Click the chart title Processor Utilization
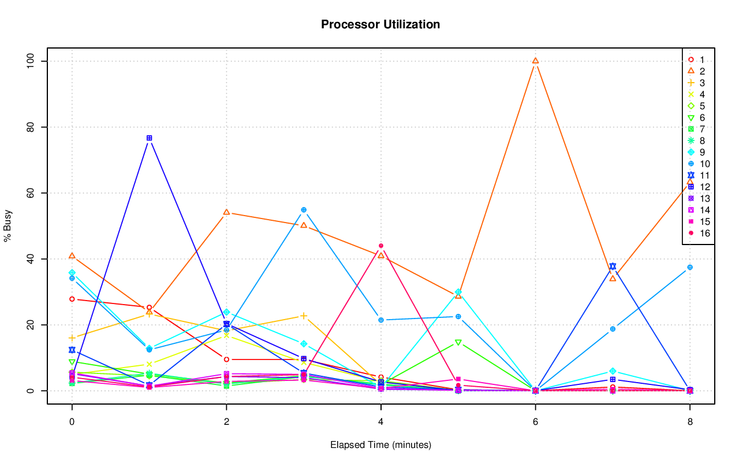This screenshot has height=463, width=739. [x=380, y=24]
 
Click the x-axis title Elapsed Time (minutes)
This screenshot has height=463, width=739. [x=380, y=445]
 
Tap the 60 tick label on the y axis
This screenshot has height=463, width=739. [x=31, y=193]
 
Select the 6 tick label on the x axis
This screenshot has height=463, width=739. [x=535, y=422]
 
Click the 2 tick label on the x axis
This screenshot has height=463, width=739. [x=226, y=422]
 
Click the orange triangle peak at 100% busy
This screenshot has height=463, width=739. [x=535, y=61]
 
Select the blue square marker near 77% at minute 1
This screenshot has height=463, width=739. [x=149, y=138]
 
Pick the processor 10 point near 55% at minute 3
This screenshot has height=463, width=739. [x=304, y=210]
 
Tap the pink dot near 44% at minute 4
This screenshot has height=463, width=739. [x=381, y=246]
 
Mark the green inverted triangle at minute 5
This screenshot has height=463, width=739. [x=458, y=342]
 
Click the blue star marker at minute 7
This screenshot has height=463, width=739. [x=613, y=266]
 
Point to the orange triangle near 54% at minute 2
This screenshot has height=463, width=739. [x=226, y=212]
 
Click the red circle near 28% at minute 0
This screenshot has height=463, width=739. [x=72, y=299]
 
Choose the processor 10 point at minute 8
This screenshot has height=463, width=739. [x=690, y=267]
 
